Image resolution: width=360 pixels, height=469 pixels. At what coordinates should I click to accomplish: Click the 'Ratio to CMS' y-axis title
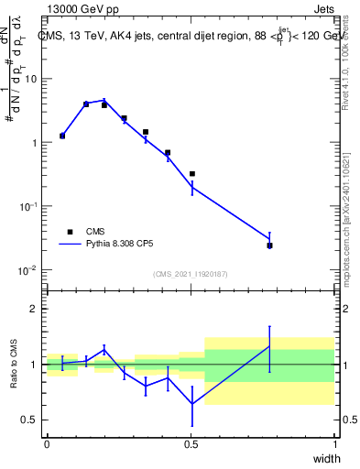15,365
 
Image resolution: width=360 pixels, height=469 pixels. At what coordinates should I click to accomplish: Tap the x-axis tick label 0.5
191,444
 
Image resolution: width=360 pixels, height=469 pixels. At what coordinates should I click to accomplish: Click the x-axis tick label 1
334,444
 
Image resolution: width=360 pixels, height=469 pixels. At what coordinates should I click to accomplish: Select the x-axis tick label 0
47,444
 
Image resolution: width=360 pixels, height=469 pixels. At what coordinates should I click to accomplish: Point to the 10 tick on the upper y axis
30,79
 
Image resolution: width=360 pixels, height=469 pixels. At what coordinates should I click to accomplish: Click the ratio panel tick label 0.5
30,420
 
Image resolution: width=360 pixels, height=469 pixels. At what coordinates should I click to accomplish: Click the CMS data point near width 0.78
269,245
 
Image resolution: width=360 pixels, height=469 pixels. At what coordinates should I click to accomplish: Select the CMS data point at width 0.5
191,173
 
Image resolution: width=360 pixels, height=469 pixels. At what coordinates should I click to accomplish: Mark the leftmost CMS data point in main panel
62,136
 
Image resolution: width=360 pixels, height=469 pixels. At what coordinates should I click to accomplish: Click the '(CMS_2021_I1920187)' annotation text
190,273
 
